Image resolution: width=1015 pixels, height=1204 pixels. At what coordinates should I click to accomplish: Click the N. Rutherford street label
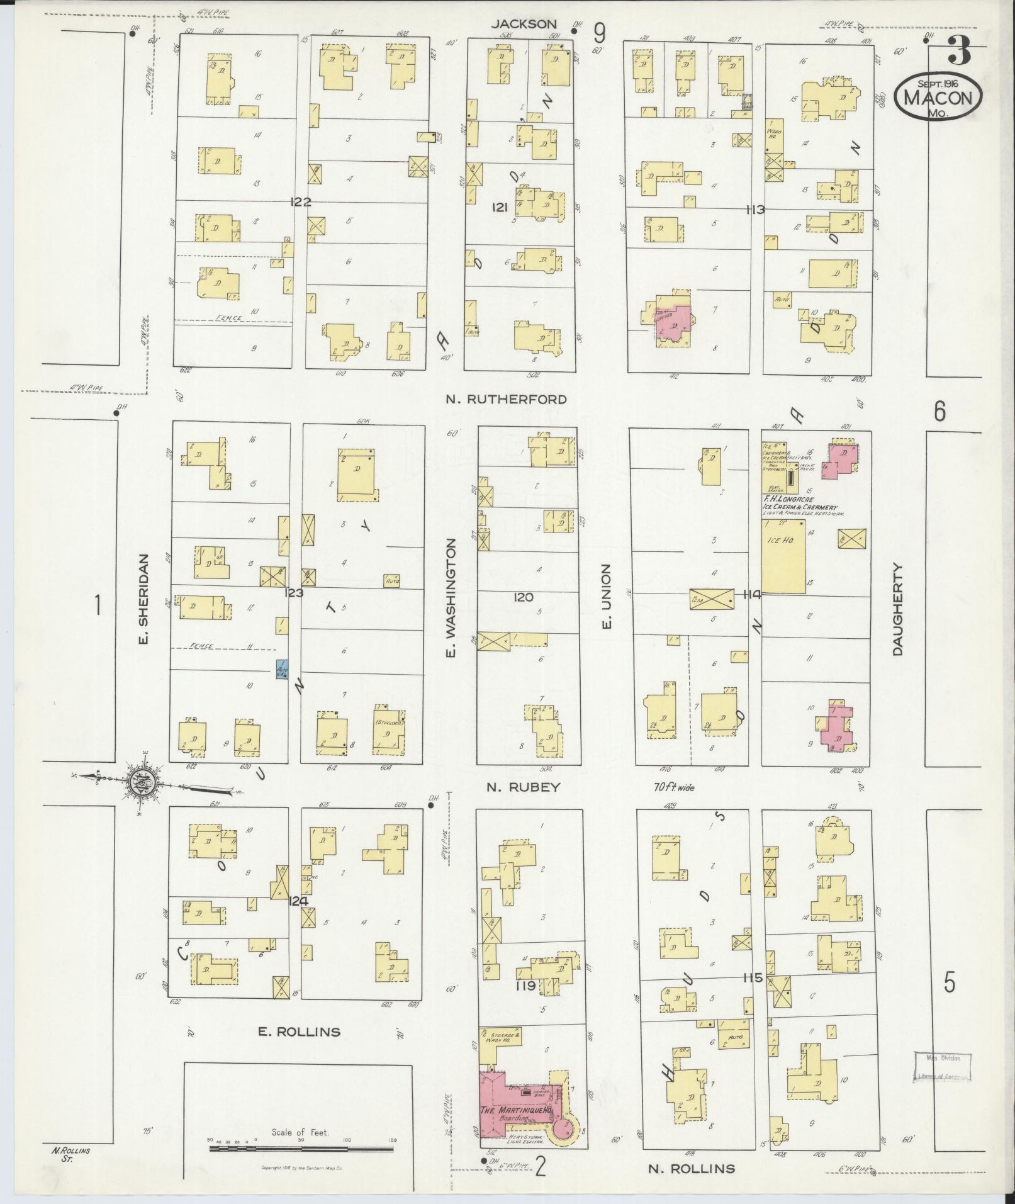[506, 399]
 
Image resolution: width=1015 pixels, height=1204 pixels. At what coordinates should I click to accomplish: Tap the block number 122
[301, 202]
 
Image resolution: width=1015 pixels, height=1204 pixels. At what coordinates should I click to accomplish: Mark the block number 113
[754, 210]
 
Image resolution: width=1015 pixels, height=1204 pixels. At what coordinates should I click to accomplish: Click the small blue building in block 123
[283, 669]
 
